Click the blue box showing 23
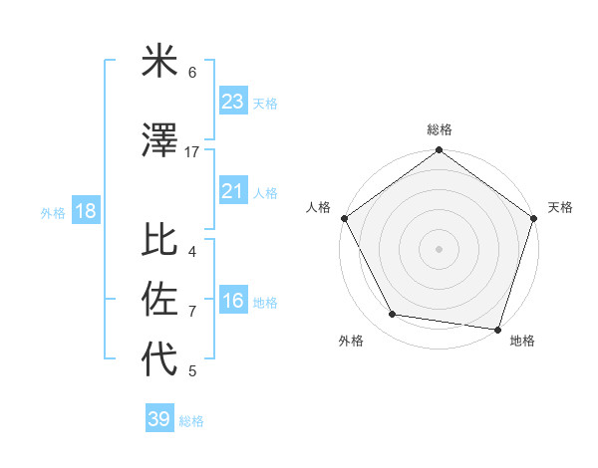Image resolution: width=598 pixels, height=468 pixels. (x=232, y=102)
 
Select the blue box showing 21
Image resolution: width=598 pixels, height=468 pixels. (x=232, y=191)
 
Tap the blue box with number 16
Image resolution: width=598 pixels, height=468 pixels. (x=232, y=301)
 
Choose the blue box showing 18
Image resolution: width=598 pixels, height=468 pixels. (x=85, y=211)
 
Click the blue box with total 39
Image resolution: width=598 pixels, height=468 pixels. (x=158, y=419)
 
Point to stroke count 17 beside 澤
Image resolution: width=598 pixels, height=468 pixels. (x=192, y=152)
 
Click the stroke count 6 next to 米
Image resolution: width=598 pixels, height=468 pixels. (x=192, y=73)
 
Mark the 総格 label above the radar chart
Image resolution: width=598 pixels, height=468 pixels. (x=439, y=129)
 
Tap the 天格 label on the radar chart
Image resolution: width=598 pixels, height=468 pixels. (x=561, y=207)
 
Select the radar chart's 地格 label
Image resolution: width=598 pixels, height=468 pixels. (x=522, y=341)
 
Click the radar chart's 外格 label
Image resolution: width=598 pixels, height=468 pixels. (x=351, y=341)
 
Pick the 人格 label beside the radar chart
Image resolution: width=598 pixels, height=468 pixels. (x=318, y=207)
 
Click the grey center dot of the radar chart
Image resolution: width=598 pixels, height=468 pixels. (x=439, y=248)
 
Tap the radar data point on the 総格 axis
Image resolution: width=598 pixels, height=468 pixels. (x=439, y=151)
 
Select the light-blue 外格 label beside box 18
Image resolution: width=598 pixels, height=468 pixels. (x=52, y=212)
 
